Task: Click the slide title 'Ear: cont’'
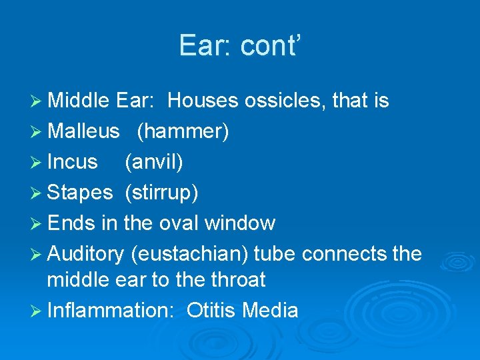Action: point(240,45)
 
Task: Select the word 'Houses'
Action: point(203,101)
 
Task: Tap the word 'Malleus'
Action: point(83,132)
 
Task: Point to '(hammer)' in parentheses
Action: point(183,132)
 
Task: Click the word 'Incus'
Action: point(73,162)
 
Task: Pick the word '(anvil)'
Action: point(154,162)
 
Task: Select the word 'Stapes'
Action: point(80,193)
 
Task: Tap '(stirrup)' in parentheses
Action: point(161,193)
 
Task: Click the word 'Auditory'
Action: point(86,254)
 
